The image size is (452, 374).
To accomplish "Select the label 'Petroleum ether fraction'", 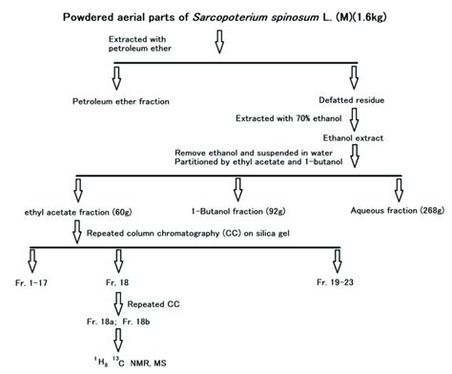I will [x=117, y=100].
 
